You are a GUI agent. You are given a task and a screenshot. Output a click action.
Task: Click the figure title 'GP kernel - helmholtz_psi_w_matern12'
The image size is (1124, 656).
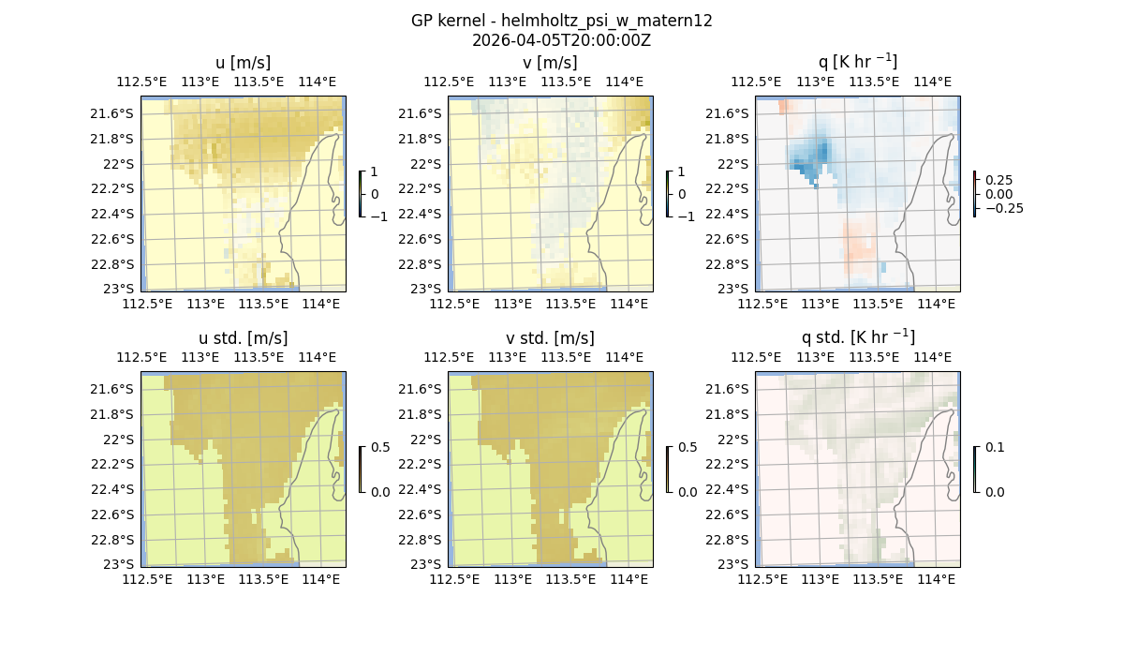(561, 21)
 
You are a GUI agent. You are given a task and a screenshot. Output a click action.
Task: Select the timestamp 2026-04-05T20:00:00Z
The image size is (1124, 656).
(561, 40)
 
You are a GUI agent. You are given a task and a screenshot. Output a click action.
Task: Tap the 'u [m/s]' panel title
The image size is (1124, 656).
(243, 63)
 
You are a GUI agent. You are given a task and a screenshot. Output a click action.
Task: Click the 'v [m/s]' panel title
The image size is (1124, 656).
(550, 63)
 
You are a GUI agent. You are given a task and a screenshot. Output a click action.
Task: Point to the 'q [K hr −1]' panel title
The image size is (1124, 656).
(857, 62)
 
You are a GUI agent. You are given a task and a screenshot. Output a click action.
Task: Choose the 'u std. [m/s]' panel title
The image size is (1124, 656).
(243, 338)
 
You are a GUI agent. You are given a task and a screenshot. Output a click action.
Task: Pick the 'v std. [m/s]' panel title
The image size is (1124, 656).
(550, 338)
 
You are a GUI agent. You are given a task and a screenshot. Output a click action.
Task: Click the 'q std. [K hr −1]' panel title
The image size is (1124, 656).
(857, 337)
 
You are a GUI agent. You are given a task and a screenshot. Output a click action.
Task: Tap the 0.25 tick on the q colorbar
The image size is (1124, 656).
(998, 180)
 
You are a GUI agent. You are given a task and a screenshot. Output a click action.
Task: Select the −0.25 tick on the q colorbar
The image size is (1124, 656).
(1002, 208)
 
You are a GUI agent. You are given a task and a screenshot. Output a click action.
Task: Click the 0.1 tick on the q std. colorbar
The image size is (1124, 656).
(994, 448)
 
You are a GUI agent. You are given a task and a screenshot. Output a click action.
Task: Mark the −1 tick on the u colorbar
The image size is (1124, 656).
(379, 216)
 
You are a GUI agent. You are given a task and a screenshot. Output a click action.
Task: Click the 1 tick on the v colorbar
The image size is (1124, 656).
(682, 172)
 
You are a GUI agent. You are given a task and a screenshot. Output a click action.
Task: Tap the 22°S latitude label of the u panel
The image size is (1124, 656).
(119, 164)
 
